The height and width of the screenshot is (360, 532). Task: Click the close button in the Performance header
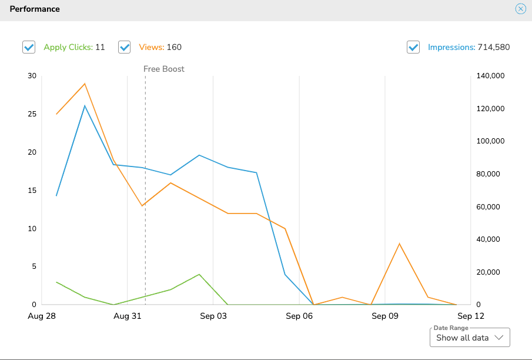click(520, 9)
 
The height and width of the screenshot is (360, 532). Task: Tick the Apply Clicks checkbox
click(29, 48)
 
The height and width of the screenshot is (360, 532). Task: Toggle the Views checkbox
click(124, 48)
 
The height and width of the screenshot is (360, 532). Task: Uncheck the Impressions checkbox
click(413, 48)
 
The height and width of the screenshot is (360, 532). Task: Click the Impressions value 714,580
click(494, 48)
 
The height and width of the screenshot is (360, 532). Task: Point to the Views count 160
click(174, 48)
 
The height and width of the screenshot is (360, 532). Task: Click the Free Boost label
click(164, 69)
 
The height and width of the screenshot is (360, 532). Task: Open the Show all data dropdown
click(470, 338)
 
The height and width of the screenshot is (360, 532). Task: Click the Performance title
click(35, 9)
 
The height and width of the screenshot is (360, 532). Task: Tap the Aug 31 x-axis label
click(128, 316)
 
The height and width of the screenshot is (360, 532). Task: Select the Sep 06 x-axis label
click(299, 316)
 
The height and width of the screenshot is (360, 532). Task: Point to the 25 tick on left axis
click(31, 114)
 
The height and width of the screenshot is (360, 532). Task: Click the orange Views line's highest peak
click(85, 84)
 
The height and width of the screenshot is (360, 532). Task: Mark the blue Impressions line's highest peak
click(85, 106)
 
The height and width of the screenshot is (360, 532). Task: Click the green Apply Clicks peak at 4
click(199, 274)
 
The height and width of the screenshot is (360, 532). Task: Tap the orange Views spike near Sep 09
click(399, 244)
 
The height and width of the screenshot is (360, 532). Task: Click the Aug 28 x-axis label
click(42, 316)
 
